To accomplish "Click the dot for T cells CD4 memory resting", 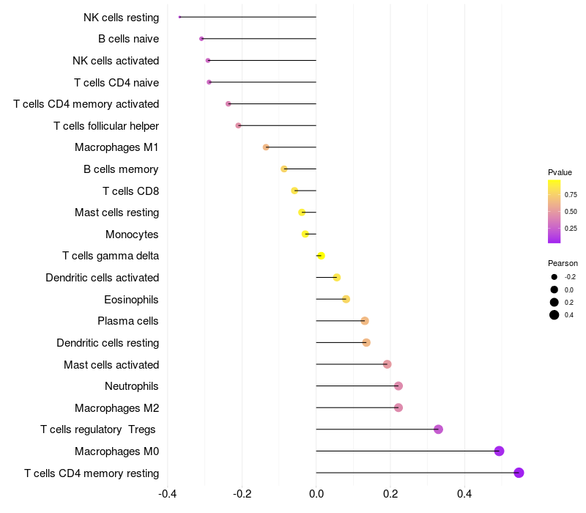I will click(x=519, y=473).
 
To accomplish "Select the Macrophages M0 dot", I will click(x=499, y=451).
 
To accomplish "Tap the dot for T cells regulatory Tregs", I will click(x=438, y=429).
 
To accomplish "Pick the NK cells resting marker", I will click(x=179, y=17).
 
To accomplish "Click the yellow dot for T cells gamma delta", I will click(x=321, y=256).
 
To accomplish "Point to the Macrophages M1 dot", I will click(x=266, y=147).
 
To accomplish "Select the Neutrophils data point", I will click(x=398, y=386).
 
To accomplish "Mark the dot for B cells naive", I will click(x=201, y=38).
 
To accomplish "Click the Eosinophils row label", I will click(x=131, y=299).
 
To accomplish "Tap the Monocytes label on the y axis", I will click(x=132, y=235).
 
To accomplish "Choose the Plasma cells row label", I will click(x=127, y=321).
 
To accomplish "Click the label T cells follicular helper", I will click(x=106, y=126).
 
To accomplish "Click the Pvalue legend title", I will click(x=560, y=172).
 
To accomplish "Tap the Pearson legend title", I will click(x=563, y=263).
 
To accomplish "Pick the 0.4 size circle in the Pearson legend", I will click(x=555, y=315).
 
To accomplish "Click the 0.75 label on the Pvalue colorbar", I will click(x=571, y=195).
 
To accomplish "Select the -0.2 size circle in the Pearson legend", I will click(x=555, y=277).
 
